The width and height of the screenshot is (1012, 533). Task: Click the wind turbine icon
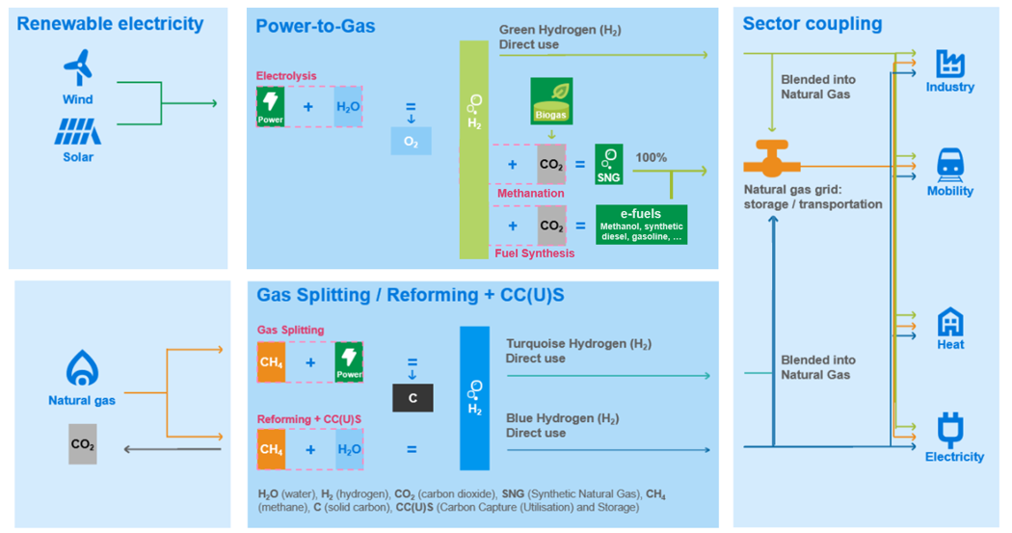[77, 68]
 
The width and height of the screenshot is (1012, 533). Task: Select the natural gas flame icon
[81, 368]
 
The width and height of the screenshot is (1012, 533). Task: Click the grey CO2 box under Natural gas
[83, 444]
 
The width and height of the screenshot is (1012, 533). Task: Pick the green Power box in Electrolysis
[271, 107]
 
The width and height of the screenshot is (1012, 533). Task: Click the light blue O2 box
[411, 142]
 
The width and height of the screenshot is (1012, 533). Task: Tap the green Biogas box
[551, 101]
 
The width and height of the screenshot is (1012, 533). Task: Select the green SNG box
[609, 165]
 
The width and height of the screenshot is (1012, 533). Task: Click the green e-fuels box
[641, 225]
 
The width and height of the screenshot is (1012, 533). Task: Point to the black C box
[413, 397]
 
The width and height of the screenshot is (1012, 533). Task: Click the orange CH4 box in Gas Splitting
[271, 362]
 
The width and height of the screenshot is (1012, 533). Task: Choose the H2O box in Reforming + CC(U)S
[349, 449]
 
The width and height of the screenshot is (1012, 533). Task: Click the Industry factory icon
[950, 65]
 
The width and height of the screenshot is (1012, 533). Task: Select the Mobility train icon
[950, 166]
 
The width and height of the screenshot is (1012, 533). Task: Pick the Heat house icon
[950, 322]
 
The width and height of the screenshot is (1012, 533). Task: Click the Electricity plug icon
[950, 428]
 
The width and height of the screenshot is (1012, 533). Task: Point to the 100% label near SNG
[652, 158]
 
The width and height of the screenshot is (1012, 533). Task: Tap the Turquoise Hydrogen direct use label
[577, 351]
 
